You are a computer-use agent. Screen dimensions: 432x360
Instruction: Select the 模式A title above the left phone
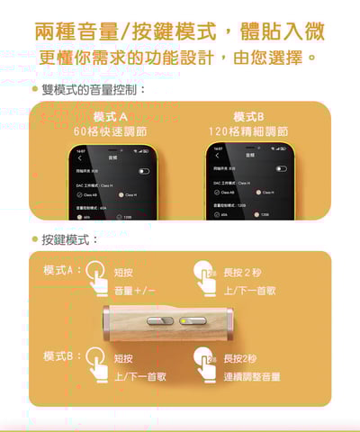(x=111, y=117)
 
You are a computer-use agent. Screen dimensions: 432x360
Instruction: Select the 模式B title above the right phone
(x=248, y=117)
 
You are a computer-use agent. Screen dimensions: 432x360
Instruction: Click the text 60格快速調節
(x=111, y=131)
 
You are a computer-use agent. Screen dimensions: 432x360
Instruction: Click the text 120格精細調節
(x=248, y=131)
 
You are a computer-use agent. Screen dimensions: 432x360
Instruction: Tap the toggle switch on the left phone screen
(x=143, y=170)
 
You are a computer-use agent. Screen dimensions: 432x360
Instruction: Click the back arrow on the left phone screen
(x=79, y=157)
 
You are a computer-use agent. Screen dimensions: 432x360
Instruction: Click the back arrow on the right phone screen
(x=217, y=157)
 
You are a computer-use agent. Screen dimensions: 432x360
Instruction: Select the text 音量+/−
(x=136, y=291)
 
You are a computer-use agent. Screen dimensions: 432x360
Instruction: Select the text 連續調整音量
(x=252, y=377)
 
